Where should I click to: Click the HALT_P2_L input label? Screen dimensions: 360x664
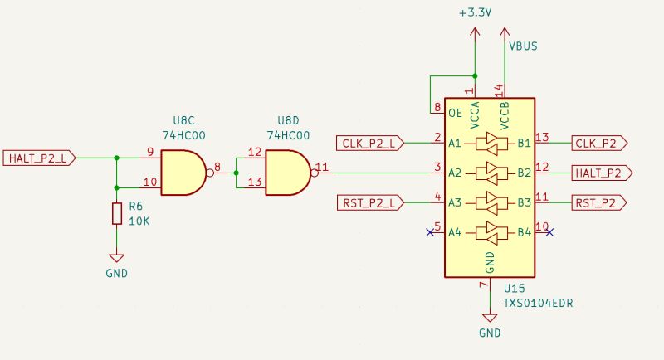coord(40,157)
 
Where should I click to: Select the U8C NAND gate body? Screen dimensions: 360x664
coord(181,173)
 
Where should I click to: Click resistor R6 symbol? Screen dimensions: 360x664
coord(116,213)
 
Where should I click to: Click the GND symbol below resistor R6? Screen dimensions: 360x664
coord(116,259)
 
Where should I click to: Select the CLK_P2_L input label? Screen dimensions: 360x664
coord(369,143)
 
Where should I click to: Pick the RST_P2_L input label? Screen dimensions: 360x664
coord(369,202)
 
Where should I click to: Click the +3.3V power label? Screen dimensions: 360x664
coord(475,12)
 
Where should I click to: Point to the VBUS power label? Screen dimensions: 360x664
coord(522,46)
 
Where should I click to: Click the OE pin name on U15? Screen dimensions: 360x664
coord(455,113)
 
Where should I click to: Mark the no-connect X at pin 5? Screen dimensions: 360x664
coord(429,232)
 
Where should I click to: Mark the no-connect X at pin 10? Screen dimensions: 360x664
coord(549,232)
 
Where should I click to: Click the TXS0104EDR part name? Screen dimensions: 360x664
coord(539,304)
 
